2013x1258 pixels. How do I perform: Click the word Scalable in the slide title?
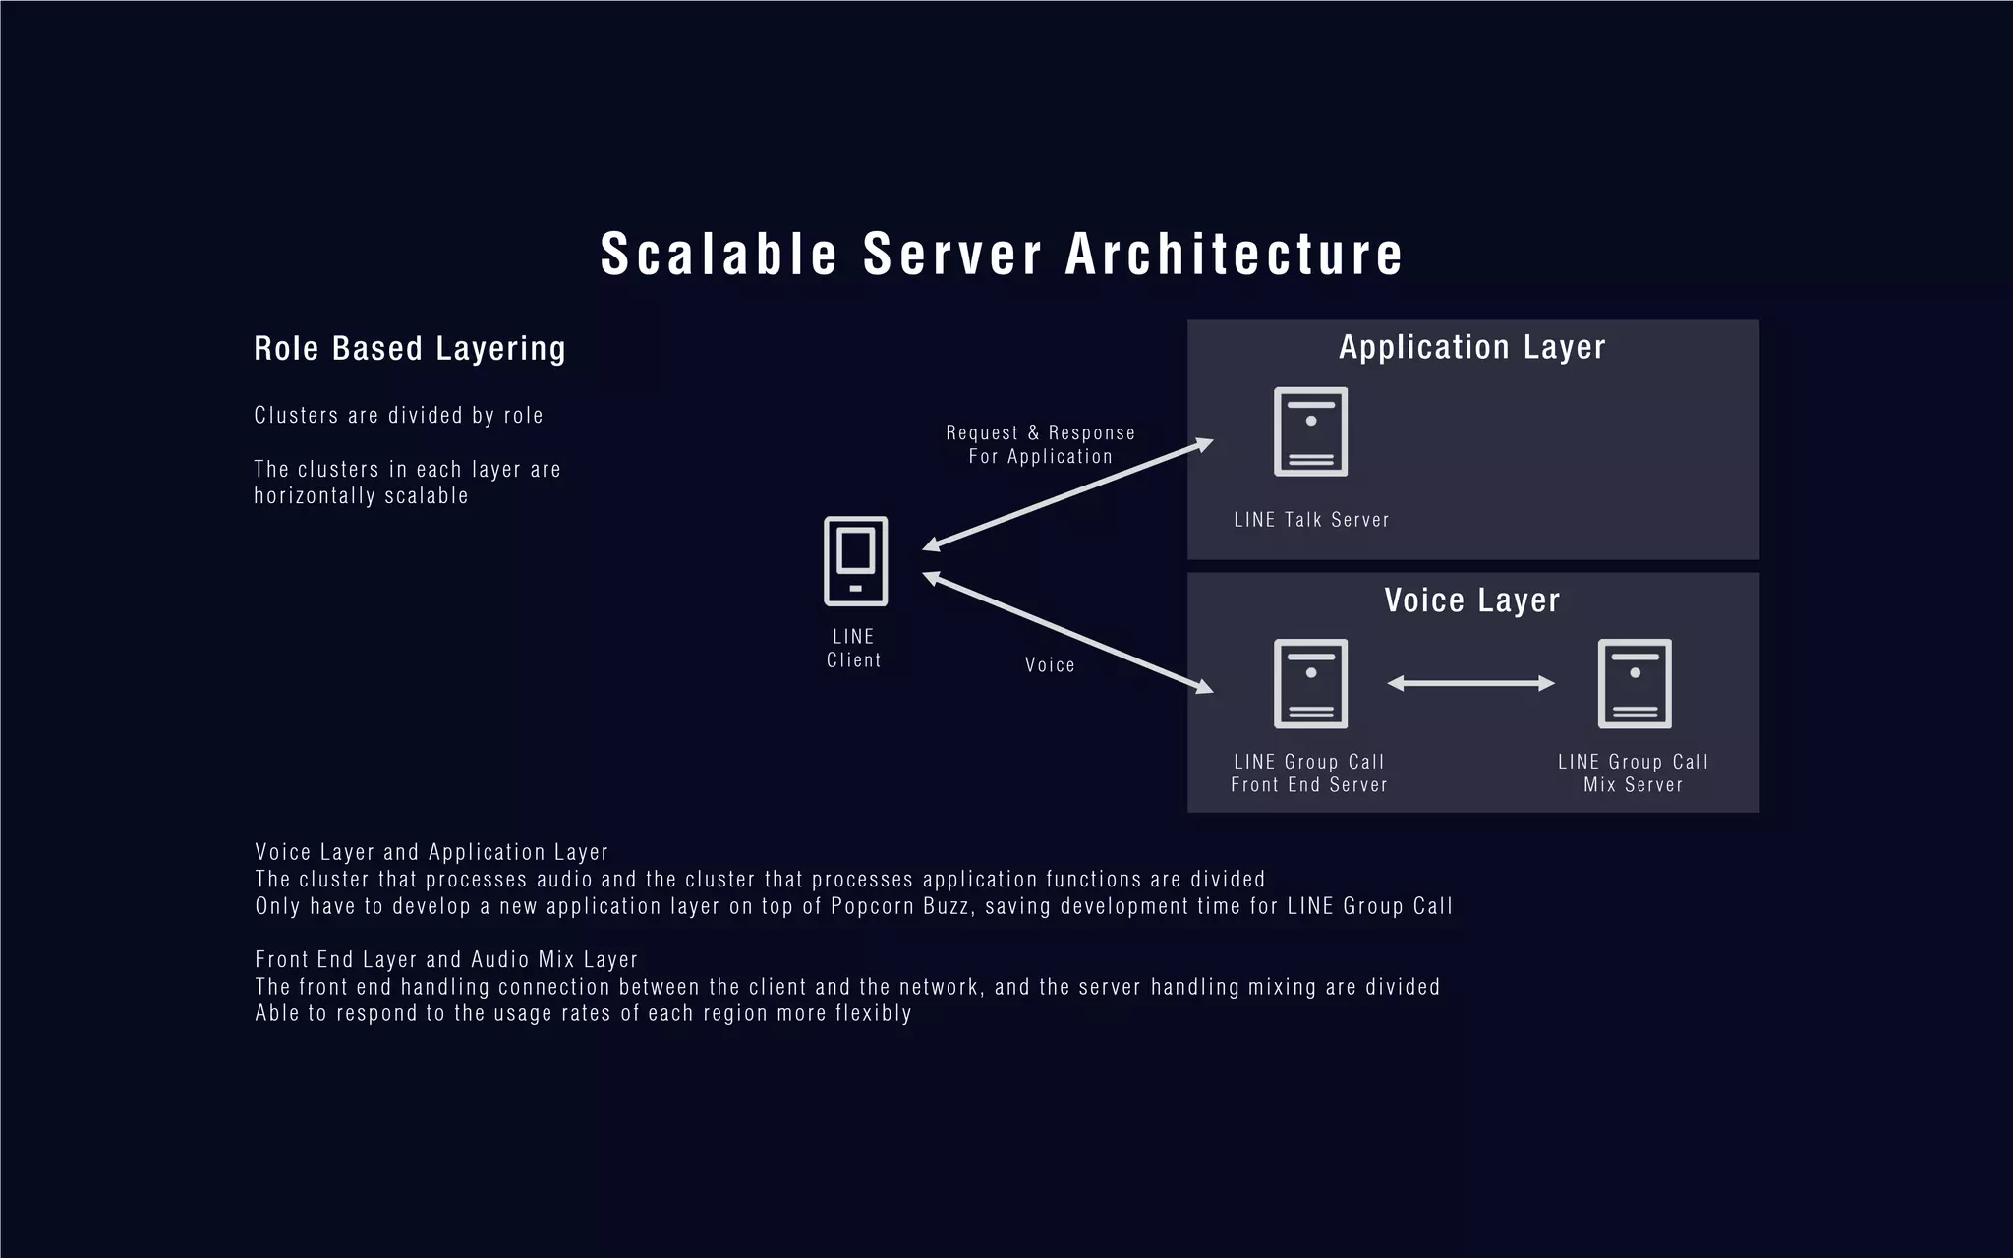719,254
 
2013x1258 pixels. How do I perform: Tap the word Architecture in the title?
1235,254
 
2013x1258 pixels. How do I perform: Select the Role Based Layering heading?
410,348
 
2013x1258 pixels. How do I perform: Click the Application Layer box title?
1471,347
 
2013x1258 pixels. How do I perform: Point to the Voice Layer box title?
1471,600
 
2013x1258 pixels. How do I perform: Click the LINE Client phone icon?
855,561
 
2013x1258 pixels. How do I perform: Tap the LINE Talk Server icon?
1310,431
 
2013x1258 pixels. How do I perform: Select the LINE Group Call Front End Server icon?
1310,684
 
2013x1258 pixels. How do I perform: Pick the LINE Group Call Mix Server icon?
1634,684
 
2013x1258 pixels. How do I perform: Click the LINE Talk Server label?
1311,520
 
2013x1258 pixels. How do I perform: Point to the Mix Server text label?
1633,784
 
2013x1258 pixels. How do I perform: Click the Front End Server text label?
1309,784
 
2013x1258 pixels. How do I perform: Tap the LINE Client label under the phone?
853,649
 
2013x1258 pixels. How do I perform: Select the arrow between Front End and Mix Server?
1470,683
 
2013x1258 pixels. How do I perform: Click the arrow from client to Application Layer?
1067,495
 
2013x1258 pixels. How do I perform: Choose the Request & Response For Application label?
1040,444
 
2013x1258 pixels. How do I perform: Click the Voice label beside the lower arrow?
1050,665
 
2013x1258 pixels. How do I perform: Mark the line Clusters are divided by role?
398,415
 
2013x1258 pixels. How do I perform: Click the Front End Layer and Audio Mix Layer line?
446,959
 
